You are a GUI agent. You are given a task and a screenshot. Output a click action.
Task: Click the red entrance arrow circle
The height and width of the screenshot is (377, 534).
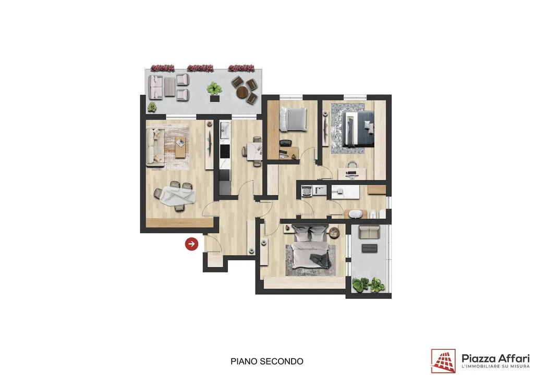point(192,244)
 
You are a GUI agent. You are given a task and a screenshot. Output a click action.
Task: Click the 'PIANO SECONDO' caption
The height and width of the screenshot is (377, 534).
point(266,361)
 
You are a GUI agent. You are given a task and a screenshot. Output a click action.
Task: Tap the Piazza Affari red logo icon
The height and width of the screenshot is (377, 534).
point(443,361)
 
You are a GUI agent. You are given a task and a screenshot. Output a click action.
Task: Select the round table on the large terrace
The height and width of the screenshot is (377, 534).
point(243,92)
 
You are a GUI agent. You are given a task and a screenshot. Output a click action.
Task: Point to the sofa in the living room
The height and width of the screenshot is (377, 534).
point(155,147)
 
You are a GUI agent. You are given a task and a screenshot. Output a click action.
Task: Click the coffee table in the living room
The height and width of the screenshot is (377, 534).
point(180,147)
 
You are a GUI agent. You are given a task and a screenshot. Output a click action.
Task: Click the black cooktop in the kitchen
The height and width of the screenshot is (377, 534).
point(225,152)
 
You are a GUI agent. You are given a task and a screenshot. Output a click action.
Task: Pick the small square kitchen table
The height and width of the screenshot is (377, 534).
point(254,152)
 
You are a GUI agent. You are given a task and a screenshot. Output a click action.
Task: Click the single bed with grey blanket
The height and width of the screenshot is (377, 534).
point(293,119)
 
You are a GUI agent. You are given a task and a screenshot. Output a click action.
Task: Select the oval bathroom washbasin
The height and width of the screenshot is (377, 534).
point(356,214)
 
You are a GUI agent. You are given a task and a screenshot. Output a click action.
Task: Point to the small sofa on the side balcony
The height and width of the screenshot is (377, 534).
point(369,232)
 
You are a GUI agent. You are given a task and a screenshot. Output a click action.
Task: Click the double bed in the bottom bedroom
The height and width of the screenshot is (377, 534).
point(311,248)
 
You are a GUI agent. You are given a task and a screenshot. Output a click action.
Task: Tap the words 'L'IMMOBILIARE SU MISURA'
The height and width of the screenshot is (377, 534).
point(495,366)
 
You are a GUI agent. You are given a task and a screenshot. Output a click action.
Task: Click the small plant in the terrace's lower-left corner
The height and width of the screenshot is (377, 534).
point(152,107)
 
